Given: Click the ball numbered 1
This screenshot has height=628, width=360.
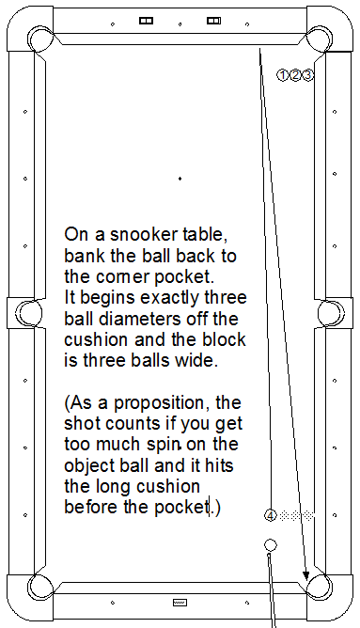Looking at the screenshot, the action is point(282,75).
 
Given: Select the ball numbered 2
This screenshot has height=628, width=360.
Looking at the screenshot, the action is point(295,75).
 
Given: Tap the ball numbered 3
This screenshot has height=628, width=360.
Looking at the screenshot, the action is point(307,75).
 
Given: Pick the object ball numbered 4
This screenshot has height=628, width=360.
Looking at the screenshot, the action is point(271,515).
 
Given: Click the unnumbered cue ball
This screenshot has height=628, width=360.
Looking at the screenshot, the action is point(271,544).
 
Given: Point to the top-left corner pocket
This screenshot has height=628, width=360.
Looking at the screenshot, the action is point(39,39).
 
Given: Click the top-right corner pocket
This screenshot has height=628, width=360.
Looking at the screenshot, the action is point(320,39).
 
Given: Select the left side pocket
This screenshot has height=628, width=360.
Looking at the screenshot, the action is point(28,313).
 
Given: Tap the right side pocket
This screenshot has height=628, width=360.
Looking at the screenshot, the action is point(331,313).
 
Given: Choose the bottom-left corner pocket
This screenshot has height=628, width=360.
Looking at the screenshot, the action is point(39,588).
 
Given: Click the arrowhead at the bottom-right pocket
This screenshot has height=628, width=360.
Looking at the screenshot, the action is point(305,575).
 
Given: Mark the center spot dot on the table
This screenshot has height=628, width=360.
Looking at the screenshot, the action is point(180,179).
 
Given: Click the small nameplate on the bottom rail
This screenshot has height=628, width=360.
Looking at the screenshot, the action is point(180,603).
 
